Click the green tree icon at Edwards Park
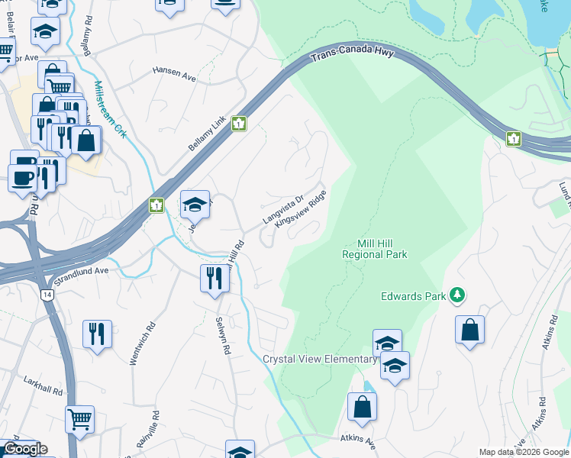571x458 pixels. point(457,295)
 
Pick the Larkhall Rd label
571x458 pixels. point(42,389)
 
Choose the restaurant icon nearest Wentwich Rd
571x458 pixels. point(98,334)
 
